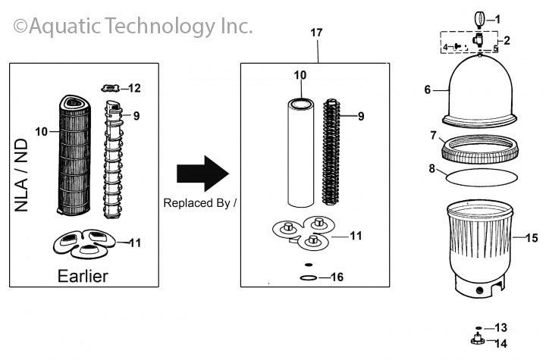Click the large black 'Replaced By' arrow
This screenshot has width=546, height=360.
(202, 174)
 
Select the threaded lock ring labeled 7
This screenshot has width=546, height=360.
(479, 148)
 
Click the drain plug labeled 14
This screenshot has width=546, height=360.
(478, 341)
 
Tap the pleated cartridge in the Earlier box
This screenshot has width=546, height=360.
(76, 155)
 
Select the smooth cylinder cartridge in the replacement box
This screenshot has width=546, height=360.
(301, 152)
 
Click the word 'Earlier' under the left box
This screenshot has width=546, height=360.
(83, 275)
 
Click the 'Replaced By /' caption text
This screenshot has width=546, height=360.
(200, 203)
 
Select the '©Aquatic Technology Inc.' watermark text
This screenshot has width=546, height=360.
(133, 27)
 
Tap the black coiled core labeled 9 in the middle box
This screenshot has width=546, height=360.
(332, 152)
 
